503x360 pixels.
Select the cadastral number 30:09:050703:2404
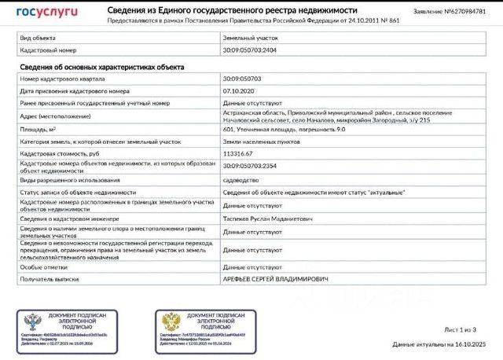(250, 50)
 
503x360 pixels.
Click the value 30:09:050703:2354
(250, 167)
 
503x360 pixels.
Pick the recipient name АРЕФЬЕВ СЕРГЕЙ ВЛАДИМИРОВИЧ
(274, 279)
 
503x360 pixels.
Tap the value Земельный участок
(250, 37)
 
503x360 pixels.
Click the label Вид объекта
(37, 37)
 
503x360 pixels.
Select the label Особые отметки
(42, 267)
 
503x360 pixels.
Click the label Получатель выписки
(49, 279)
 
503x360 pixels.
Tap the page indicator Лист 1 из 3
(460, 329)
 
